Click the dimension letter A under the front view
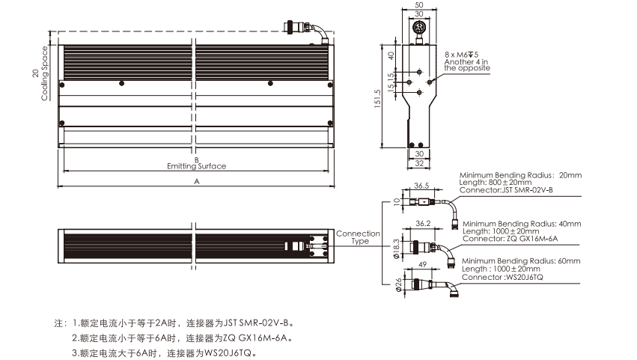coord(197,181)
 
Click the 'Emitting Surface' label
coord(196,166)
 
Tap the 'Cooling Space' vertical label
coord(45,73)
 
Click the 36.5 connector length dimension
coord(421,186)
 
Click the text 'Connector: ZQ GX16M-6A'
coord(512,238)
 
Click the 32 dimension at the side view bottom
coord(418,162)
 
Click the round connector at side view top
coord(418,28)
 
